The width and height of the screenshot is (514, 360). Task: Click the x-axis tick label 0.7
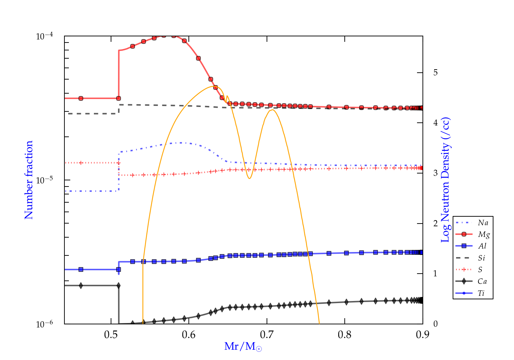click(267, 335)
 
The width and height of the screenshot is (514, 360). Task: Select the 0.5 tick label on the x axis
click(111, 335)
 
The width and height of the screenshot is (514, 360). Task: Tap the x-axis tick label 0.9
click(423, 335)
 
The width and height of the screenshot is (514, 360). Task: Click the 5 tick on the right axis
click(436, 73)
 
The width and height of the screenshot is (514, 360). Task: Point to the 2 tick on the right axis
click(436, 224)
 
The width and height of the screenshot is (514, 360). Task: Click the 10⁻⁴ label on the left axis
click(45, 36)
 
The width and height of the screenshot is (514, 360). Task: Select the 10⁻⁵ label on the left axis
click(45, 180)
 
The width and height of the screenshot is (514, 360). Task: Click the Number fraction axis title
click(29, 180)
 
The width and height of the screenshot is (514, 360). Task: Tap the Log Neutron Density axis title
click(445, 180)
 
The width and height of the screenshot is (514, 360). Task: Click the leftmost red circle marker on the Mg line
click(81, 98)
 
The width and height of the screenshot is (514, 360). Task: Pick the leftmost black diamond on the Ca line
click(81, 286)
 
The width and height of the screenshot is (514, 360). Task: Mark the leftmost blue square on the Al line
click(81, 269)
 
